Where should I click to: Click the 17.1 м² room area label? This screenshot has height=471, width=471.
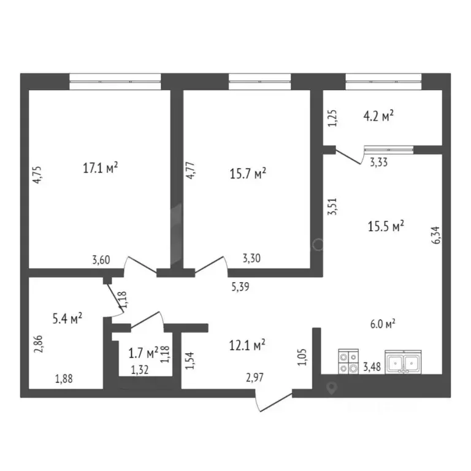pyautogui.click(x=100, y=167)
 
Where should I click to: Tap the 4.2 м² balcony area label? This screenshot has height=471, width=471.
pyautogui.click(x=378, y=115)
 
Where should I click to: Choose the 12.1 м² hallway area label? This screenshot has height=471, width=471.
pyautogui.click(x=247, y=345)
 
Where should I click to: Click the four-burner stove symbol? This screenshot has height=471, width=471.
pyautogui.click(x=348, y=361)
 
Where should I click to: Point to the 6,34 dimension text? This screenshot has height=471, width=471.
pyautogui.click(x=437, y=234)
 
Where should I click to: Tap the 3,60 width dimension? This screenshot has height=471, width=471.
pyautogui.click(x=101, y=260)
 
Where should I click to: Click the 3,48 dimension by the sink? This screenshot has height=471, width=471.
pyautogui.click(x=372, y=368)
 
